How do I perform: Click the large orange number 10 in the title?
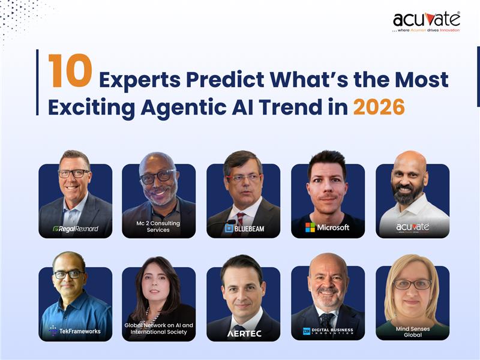(70, 71)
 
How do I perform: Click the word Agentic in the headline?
(197, 107)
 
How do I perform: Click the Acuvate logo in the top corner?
(427, 22)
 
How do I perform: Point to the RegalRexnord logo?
(75, 229)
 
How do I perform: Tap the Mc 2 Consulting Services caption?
(158, 226)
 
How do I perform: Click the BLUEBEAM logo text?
(243, 228)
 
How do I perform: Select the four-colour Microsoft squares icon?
(310, 227)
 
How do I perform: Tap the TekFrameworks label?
(75, 331)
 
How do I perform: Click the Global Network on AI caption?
(159, 328)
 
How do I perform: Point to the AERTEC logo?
(244, 333)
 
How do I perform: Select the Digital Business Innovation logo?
(328, 331)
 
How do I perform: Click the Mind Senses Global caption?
(412, 331)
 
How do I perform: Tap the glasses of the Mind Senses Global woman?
(412, 284)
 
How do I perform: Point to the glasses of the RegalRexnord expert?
(74, 173)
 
